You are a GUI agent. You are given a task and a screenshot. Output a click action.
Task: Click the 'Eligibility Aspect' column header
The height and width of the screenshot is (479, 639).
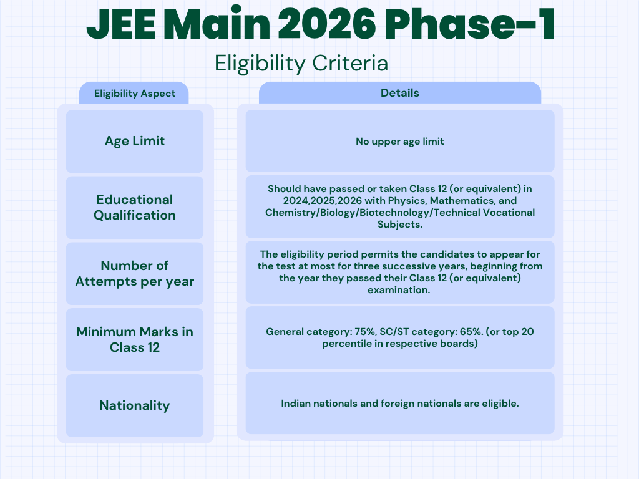(x=135, y=94)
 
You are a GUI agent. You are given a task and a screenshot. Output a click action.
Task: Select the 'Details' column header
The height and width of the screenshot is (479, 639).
(x=400, y=93)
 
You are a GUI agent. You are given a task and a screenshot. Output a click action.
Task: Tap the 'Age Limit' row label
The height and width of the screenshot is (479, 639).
(x=135, y=141)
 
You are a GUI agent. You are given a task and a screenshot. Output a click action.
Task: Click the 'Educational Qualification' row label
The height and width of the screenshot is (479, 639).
(x=135, y=207)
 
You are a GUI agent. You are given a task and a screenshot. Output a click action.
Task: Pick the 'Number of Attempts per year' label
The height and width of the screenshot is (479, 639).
(x=135, y=273)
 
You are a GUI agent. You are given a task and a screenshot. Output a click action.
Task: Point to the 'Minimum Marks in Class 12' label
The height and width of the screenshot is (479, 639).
(x=135, y=339)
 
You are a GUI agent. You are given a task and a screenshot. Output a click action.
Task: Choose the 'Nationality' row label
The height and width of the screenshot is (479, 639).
(x=135, y=405)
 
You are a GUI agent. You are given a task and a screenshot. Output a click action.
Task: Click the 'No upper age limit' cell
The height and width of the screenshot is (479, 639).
(x=400, y=142)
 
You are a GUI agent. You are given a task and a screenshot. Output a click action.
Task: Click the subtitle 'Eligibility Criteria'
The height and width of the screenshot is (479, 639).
(x=301, y=64)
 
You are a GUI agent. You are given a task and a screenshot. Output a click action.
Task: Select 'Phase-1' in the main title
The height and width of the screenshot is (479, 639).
(x=473, y=24)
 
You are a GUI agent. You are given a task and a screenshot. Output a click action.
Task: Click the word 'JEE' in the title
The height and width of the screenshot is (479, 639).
(x=121, y=24)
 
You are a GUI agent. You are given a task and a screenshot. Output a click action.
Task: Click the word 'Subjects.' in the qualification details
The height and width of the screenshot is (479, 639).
(x=400, y=225)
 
